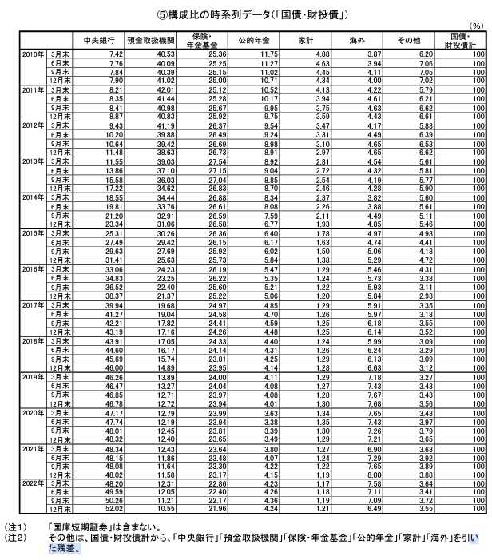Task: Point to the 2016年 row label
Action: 34,270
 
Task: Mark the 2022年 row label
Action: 34,484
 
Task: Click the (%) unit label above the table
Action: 478,26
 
